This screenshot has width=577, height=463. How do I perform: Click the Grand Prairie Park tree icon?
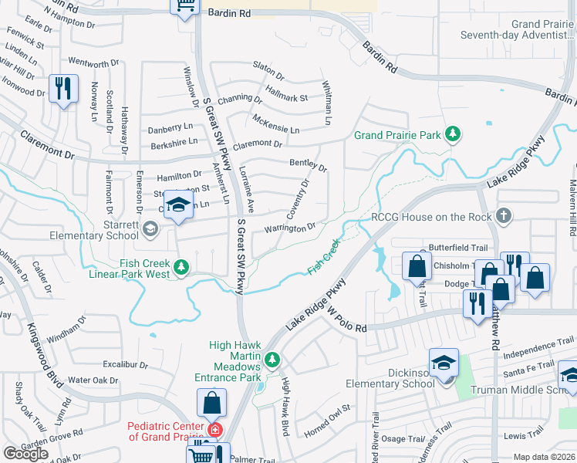[x=453, y=135]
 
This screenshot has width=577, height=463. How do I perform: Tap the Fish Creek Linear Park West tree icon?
[x=181, y=268]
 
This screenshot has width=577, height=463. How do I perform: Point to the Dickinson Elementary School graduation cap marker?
[x=444, y=363]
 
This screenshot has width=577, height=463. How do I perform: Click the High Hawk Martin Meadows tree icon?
[x=272, y=360]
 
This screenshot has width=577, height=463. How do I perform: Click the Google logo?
[x=25, y=454]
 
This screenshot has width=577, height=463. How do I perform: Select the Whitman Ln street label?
[x=326, y=105]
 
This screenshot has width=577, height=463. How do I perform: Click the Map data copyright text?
[x=543, y=457]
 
